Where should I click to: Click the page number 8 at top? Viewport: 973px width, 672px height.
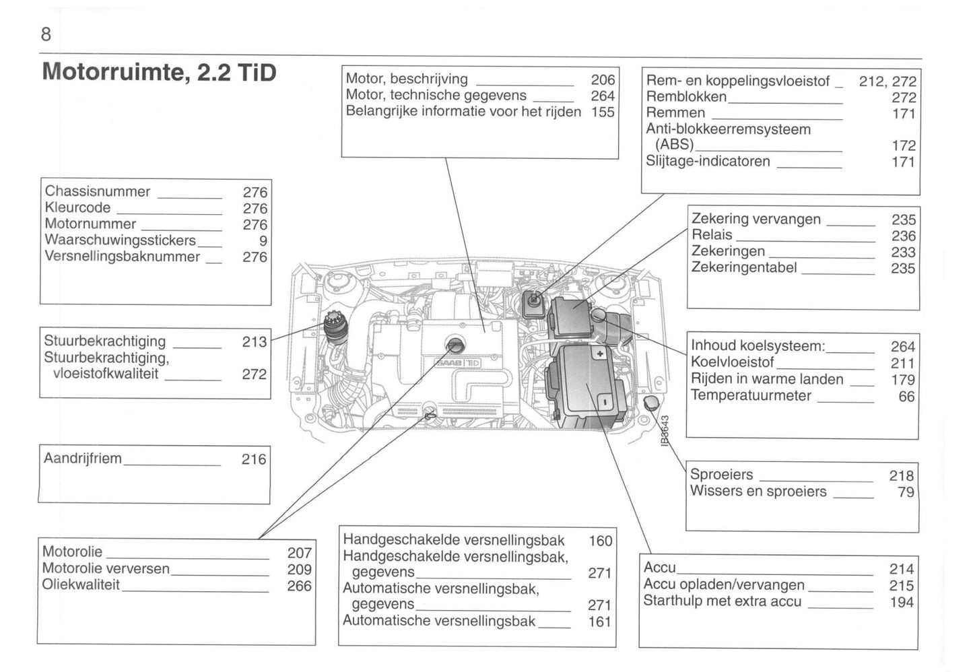pos(46,34)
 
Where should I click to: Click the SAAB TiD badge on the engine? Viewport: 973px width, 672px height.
pos(459,363)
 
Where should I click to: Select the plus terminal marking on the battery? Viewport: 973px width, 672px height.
pos(599,353)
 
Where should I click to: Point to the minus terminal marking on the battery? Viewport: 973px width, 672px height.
pos(604,402)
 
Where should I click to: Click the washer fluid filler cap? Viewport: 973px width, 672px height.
pos(652,403)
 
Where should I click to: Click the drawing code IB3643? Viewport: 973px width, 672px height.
pos(665,430)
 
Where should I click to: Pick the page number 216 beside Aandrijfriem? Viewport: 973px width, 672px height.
pos(254,459)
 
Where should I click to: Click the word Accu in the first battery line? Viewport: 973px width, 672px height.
pos(659,568)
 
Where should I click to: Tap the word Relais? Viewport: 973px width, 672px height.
pos(712,235)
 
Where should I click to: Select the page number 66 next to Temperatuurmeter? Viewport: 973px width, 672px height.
pos(906,397)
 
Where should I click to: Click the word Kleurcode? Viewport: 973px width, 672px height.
pos(77,207)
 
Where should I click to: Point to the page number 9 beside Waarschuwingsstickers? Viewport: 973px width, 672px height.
pos(263,241)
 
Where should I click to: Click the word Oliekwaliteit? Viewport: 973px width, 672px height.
pos(81,584)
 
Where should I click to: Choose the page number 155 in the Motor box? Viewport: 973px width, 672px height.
pos(603,112)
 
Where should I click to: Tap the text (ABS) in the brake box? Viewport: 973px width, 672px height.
pos(674,145)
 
